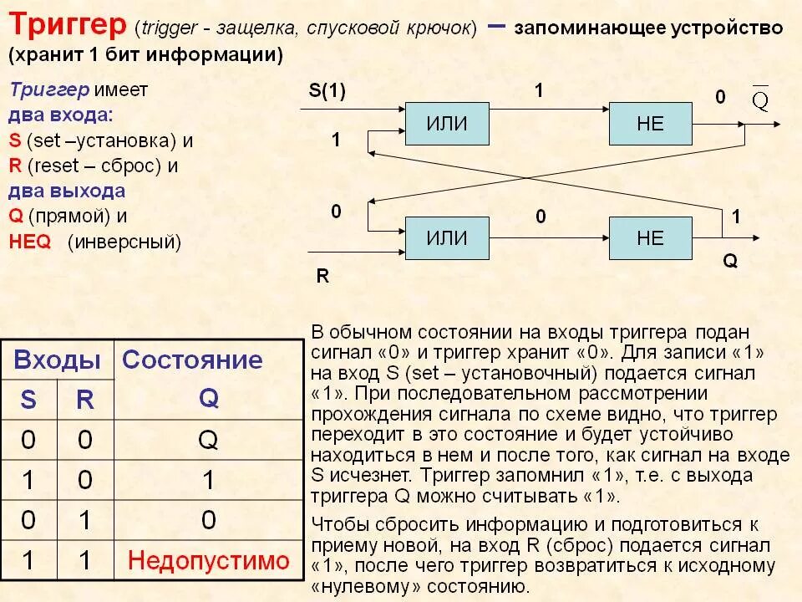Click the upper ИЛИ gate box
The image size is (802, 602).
pos(447,124)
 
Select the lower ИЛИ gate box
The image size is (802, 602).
pos(447,237)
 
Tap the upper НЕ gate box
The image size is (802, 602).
pos(650,124)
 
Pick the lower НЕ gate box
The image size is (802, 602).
pos(650,237)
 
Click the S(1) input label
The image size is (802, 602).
pos(327,92)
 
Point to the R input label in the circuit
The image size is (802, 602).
pos(322,276)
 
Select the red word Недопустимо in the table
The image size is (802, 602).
pos(209,559)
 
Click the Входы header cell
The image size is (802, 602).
pos(58,360)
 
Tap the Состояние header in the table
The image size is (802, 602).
pos(192,360)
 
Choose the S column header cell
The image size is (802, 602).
pos(28,400)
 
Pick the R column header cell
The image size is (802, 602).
pos(85,400)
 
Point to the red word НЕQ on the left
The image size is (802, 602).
pos(30,242)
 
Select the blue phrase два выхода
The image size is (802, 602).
pos(67,191)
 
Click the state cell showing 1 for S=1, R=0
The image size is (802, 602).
pos(209,480)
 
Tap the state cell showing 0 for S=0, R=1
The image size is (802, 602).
pos(209,520)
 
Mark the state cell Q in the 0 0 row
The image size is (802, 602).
pos(209,440)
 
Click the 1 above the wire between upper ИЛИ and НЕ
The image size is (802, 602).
pos(539,91)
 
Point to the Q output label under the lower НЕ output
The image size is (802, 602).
pos(729,261)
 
